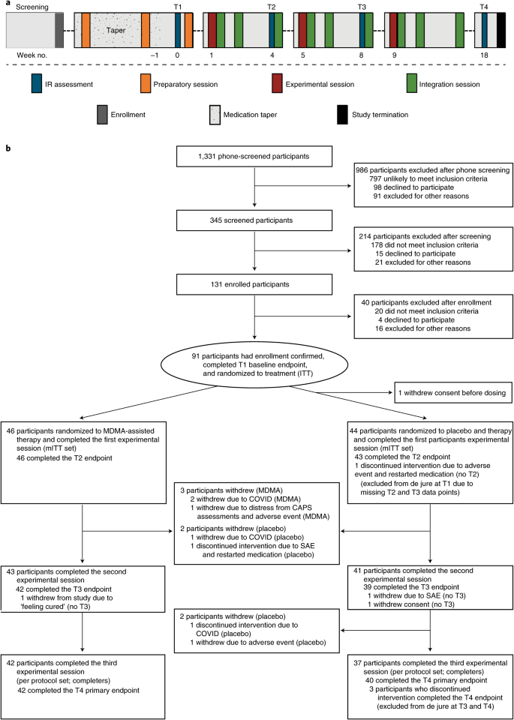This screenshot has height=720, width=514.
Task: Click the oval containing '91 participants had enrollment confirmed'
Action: pos(254,354)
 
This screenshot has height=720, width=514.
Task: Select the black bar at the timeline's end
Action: pos(501,30)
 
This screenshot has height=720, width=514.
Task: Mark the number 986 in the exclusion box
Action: pos(361,169)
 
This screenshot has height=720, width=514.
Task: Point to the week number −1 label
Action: pos(155,55)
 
